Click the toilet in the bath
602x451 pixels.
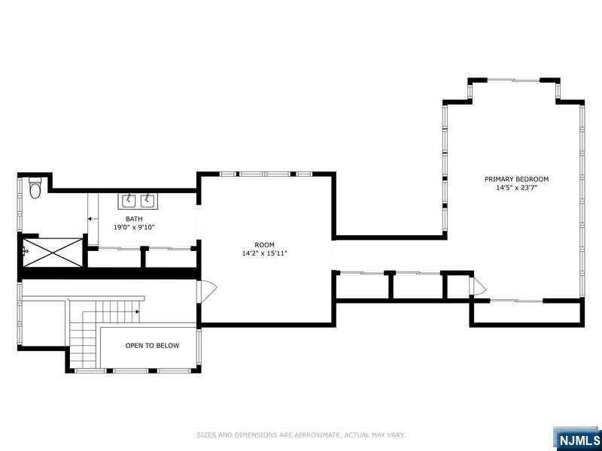(x=35, y=187)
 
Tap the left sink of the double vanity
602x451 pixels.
(x=129, y=201)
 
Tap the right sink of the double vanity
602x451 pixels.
(x=147, y=201)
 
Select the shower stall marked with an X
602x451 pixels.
(x=53, y=253)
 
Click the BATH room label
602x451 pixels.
(x=134, y=219)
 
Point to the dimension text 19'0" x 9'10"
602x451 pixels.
(x=134, y=228)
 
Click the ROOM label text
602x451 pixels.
(x=265, y=245)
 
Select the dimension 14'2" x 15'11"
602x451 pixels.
(x=265, y=253)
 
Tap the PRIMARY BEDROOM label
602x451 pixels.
(x=516, y=179)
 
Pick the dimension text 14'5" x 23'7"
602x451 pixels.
(x=516, y=188)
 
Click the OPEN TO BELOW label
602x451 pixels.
(x=152, y=346)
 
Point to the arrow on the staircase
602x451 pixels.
(x=136, y=311)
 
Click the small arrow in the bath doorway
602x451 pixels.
(x=92, y=219)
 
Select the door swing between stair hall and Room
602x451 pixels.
(x=207, y=292)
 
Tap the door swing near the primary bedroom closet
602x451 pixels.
(x=478, y=286)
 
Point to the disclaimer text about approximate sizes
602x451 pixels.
(x=300, y=435)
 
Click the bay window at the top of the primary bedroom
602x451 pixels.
(x=514, y=80)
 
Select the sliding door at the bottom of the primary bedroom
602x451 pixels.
(x=516, y=301)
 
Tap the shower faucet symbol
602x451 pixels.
(x=26, y=252)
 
